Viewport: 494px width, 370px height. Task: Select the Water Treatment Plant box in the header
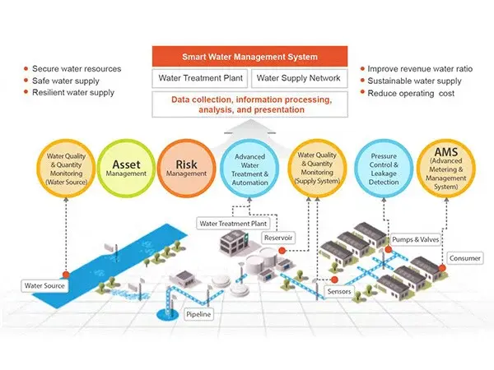200,79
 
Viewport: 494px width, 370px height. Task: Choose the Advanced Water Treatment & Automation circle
249,169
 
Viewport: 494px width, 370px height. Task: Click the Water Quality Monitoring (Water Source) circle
64,169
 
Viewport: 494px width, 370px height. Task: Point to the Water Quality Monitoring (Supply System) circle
316,169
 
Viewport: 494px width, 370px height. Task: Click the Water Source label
44,285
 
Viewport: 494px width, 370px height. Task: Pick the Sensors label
341,291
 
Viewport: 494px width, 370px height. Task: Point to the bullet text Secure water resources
76,68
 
